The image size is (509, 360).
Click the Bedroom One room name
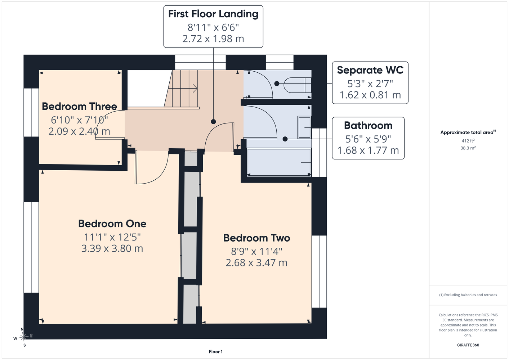coord(112,224)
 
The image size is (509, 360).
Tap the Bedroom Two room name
coord(256,238)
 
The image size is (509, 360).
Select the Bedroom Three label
coord(79,107)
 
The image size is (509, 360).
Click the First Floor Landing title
coord(213,14)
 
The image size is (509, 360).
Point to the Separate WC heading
coord(370,70)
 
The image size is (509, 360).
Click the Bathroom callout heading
coord(368,126)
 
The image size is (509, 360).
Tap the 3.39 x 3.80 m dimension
coord(112,248)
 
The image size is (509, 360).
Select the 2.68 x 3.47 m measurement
coord(256,263)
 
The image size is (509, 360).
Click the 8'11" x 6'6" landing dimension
coord(213,27)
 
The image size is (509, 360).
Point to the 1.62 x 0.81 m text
coord(370,95)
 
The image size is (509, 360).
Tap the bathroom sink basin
coord(304,127)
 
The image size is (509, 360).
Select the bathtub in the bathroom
coord(279,162)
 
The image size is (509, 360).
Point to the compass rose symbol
coord(23,337)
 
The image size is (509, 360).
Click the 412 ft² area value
coord(468,141)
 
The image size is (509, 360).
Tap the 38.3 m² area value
coord(468,148)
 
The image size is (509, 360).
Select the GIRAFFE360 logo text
coord(468,345)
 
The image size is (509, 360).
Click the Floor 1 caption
coord(216,352)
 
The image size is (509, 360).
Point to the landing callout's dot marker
coord(213,122)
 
